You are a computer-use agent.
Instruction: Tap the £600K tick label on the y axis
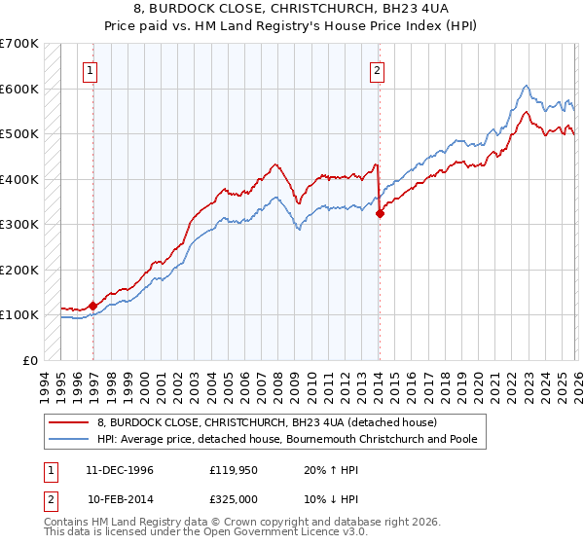pos(19,89)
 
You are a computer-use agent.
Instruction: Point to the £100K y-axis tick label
pos(19,314)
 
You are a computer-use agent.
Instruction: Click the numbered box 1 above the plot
pos(90,69)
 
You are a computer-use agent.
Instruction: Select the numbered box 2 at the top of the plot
pos(376,69)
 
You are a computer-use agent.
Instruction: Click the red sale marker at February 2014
pos(380,214)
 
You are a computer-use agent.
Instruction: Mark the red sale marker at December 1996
pos(93,306)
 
